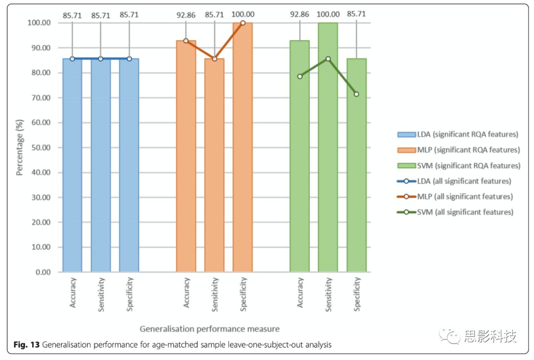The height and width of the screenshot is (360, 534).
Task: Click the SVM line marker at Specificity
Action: [356, 94]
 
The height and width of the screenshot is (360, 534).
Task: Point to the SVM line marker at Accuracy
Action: [300, 76]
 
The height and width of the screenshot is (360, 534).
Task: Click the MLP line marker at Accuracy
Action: [186, 41]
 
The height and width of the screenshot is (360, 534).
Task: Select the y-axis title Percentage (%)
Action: [20, 147]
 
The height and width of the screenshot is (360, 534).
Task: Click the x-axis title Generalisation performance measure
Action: [210, 328]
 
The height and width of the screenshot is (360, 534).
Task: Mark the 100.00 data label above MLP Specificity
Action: [243, 14]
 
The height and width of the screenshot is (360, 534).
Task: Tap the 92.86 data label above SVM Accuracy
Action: [300, 14]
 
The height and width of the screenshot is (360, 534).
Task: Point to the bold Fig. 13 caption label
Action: [26, 344]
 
